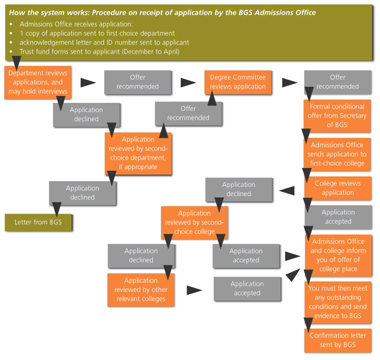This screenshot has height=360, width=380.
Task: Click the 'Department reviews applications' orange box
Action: (x=37, y=82)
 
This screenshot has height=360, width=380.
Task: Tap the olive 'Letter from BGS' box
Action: (x=39, y=222)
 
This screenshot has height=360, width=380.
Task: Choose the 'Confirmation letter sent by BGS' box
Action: (x=337, y=340)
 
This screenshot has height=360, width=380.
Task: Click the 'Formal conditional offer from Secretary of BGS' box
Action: (x=337, y=116)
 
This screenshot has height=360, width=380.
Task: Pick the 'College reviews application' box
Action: (x=337, y=188)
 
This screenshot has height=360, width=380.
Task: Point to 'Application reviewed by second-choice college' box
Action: (x=194, y=222)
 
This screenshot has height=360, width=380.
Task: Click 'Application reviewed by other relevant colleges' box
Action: (x=141, y=289)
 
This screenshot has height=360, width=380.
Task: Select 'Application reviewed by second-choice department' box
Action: (x=138, y=153)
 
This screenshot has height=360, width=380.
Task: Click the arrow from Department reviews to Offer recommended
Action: (x=88, y=82)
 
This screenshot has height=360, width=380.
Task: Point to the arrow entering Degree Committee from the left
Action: (x=189, y=82)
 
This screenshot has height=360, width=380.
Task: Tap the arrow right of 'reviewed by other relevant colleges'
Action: (x=194, y=290)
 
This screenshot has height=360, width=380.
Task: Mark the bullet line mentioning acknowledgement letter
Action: (x=103, y=42)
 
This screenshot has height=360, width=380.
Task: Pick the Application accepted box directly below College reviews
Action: (x=338, y=217)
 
